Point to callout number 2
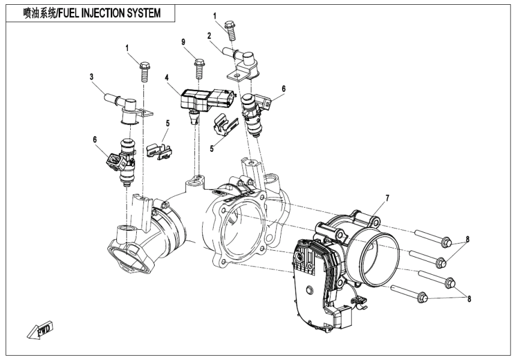click(209, 36)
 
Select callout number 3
click(91, 76)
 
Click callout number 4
click(168, 77)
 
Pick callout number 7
click(387, 198)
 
